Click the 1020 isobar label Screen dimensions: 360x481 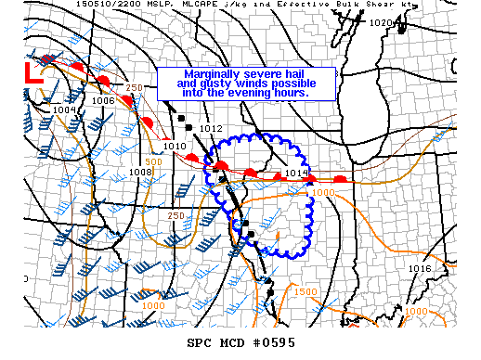point(380,23)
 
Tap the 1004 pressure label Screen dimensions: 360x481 point(64,109)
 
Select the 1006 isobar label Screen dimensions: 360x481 point(103,100)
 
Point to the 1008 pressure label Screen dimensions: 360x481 point(140,172)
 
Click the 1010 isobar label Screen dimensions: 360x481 point(175,146)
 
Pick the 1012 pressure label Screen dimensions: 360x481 point(211,128)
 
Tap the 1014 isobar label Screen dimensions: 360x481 point(296,173)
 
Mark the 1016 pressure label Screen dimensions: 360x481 point(420,268)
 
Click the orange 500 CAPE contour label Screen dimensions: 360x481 point(153,161)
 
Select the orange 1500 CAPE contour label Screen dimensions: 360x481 point(305,291)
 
